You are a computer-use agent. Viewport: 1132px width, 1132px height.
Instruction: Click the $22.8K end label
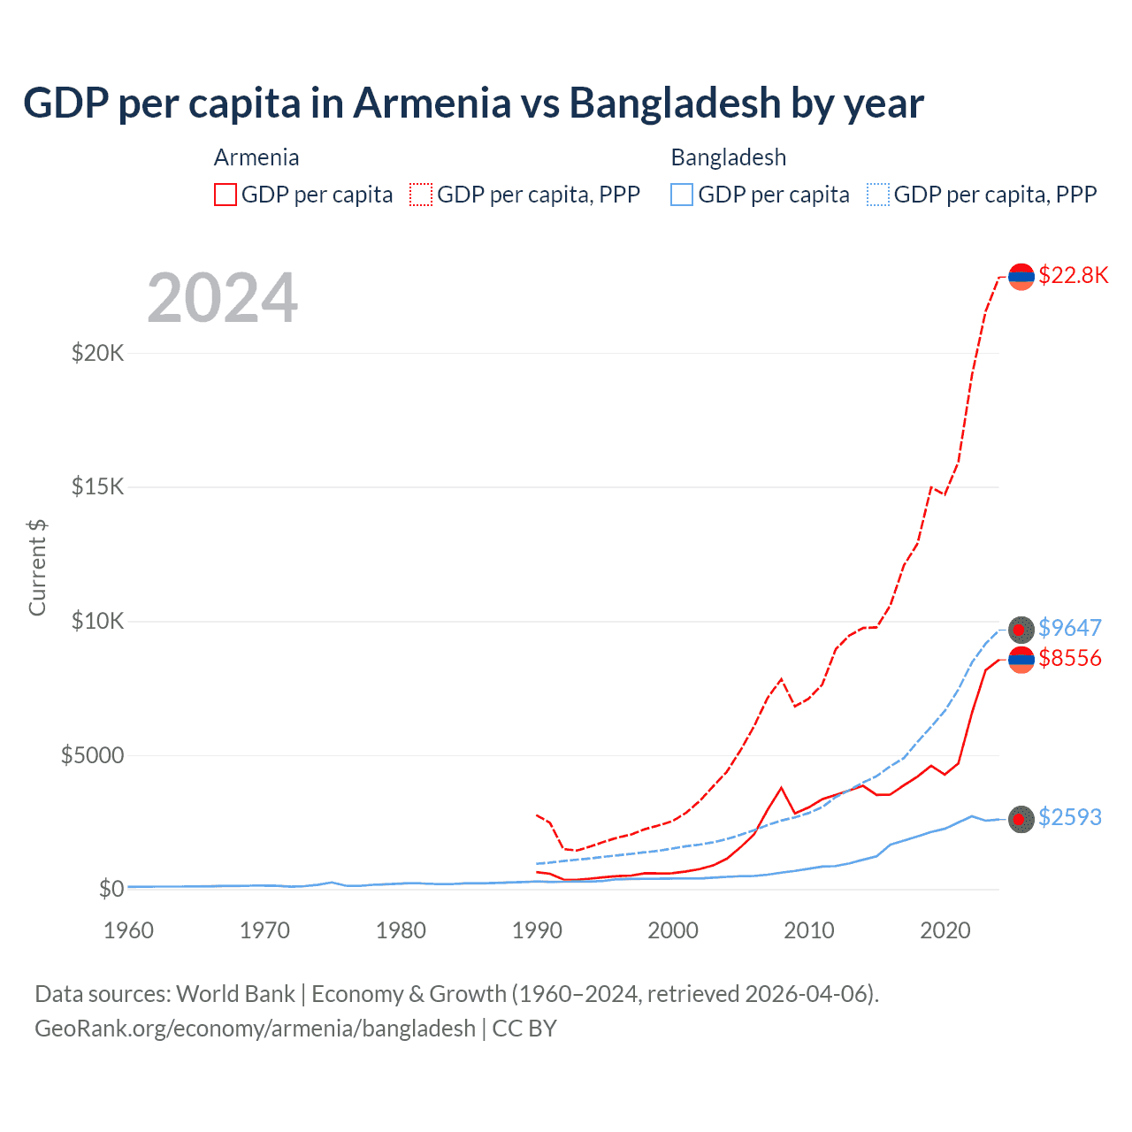pyautogui.click(x=1073, y=275)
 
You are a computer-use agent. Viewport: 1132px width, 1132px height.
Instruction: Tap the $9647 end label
pyautogui.click(x=1069, y=628)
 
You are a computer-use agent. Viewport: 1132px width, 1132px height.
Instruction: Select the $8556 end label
pyautogui.click(x=1069, y=658)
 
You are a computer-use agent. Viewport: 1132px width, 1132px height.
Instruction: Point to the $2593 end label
pyautogui.click(x=1069, y=817)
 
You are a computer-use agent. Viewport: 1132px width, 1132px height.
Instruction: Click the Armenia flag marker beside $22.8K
pyautogui.click(x=1021, y=276)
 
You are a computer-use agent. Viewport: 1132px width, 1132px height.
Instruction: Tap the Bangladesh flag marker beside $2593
pyautogui.click(x=1021, y=819)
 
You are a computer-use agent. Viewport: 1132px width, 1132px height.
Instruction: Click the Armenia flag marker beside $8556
pyautogui.click(x=1021, y=659)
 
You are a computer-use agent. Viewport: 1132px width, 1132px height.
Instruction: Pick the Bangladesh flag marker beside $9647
pyautogui.click(x=1021, y=629)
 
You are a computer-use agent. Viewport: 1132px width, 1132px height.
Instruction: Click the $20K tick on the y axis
pyautogui.click(x=97, y=354)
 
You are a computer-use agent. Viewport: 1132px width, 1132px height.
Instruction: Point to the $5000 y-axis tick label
pyautogui.click(x=92, y=755)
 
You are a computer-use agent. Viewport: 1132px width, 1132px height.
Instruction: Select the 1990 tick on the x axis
pyautogui.click(x=537, y=930)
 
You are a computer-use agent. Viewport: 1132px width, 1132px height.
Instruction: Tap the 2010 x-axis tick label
pyautogui.click(x=809, y=930)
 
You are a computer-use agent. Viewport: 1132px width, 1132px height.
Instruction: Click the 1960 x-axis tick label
pyautogui.click(x=129, y=930)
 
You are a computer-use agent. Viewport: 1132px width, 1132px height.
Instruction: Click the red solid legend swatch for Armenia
pyautogui.click(x=226, y=195)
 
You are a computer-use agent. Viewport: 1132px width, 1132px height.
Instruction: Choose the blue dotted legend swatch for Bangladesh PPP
pyautogui.click(x=878, y=195)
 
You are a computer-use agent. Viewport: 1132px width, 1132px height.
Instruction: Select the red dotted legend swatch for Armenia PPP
pyautogui.click(x=421, y=195)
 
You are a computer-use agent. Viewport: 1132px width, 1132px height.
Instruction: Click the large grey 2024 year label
pyautogui.click(x=222, y=298)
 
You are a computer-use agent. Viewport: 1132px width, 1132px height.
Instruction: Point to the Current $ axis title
pyautogui.click(x=37, y=567)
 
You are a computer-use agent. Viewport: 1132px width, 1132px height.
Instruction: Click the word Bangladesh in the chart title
pyautogui.click(x=676, y=103)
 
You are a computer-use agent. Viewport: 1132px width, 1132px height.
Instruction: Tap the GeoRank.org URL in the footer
pyautogui.click(x=255, y=1029)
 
